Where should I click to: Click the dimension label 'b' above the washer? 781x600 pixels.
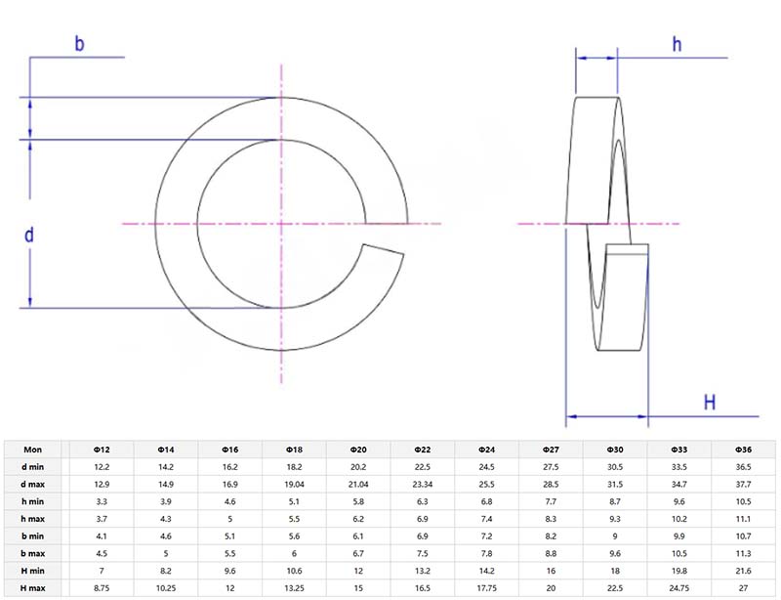click(x=79, y=43)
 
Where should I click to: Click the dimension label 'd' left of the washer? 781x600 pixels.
click(x=29, y=235)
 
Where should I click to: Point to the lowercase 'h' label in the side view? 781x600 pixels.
click(x=676, y=43)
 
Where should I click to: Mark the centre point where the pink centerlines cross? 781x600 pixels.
click(x=282, y=224)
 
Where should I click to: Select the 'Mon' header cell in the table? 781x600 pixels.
click(x=32, y=449)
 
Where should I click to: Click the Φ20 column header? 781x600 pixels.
click(x=357, y=449)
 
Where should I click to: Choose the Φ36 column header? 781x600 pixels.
click(x=743, y=449)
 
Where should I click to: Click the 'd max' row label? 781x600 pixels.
click(x=32, y=485)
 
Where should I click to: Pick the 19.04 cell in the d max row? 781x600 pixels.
click(x=294, y=485)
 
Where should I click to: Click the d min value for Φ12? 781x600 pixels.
click(x=101, y=467)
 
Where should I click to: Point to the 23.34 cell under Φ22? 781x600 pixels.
click(x=422, y=485)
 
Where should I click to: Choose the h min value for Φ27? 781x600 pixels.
click(x=551, y=502)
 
